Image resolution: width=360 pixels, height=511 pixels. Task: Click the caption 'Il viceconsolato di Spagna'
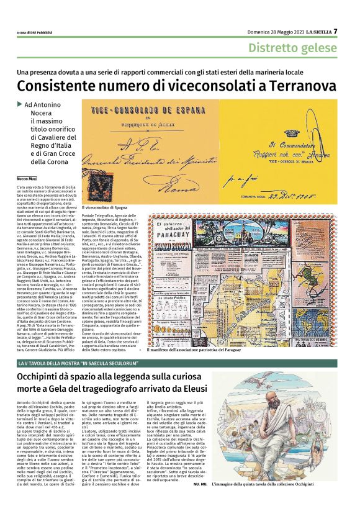(x=108, y=207)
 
